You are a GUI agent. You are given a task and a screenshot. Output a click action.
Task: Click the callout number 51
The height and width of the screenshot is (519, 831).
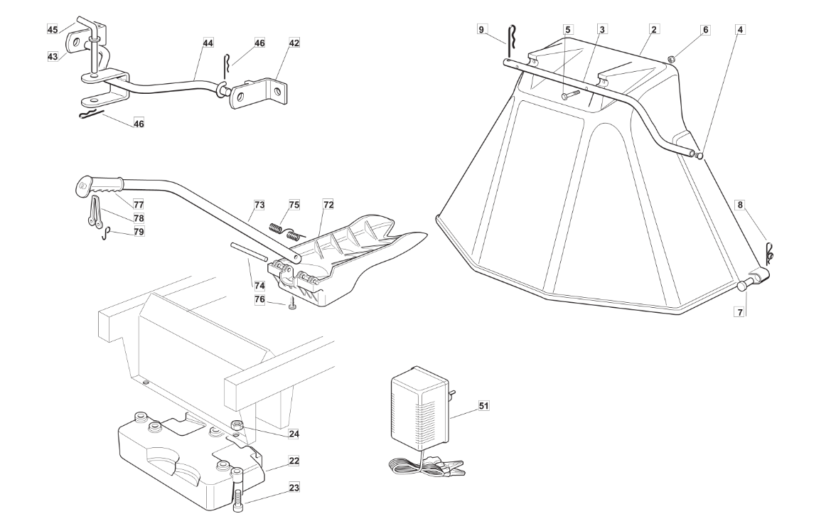coord(483,405)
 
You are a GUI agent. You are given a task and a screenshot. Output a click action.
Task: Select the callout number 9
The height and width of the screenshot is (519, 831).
coord(481,30)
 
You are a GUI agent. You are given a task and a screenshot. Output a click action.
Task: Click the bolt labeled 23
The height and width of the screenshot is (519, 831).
coord(237,491)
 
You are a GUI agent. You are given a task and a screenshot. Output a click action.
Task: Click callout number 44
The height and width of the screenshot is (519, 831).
coord(208,43)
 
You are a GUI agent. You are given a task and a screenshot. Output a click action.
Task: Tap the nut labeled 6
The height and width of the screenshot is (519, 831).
coord(670,58)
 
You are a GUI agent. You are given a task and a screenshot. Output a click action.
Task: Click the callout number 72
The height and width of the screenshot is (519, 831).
coord(328,204)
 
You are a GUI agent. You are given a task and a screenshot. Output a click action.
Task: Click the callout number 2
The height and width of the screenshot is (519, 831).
coord(654,30)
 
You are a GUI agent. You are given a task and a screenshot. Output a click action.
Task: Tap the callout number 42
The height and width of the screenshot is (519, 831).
coord(294,43)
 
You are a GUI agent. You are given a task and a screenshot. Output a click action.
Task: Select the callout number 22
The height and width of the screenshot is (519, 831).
coord(294,461)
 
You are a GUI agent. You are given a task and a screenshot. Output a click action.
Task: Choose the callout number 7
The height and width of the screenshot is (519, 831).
coord(741,312)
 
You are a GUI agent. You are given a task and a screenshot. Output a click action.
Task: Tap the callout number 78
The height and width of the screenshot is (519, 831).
coord(139,218)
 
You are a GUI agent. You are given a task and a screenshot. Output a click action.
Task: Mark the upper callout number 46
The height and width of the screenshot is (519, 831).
coord(259,43)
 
